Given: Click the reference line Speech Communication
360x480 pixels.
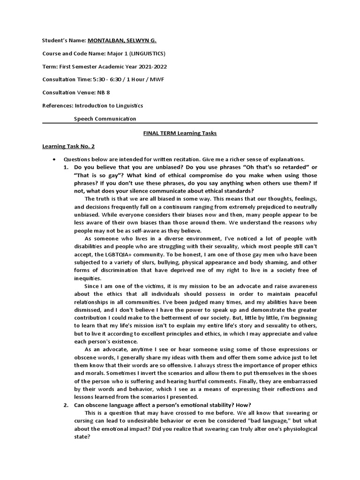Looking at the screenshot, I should click(105, 119).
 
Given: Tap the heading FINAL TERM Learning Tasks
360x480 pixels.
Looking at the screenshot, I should click(180, 133).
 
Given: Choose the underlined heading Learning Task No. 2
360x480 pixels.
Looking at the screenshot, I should click(68, 146).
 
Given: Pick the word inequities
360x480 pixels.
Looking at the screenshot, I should click(88, 278).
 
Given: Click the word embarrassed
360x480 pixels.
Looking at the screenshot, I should click(295, 381).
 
